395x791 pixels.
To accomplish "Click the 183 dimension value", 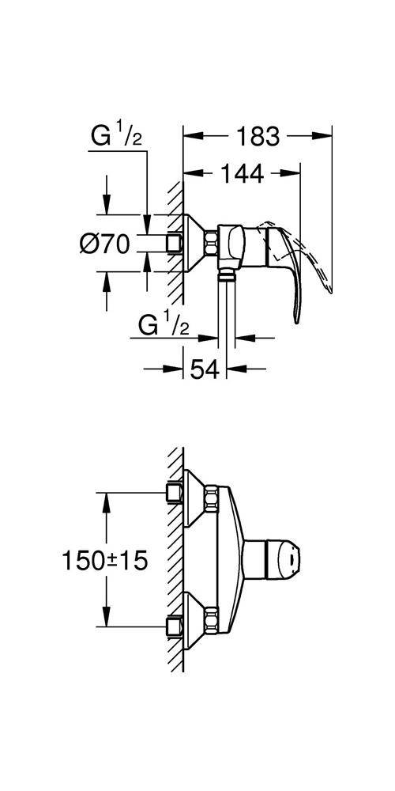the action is (x=258, y=136).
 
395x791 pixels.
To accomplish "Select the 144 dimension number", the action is (x=242, y=174).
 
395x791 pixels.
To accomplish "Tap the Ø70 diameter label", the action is (x=104, y=244).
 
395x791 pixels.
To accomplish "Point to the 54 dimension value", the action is (x=205, y=369).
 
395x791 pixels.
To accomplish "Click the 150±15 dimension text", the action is (x=105, y=561).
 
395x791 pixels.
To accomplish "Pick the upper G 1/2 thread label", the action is (x=116, y=136).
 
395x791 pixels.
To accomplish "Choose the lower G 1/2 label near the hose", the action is (x=164, y=326).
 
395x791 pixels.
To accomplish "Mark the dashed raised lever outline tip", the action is (x=330, y=290).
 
